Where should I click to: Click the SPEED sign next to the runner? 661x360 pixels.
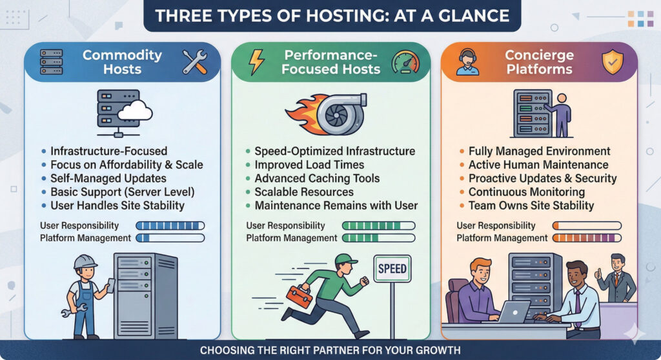point(392,268)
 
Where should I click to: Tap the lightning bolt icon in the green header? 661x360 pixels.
point(257,62)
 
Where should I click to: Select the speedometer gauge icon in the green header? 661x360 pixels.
point(405,62)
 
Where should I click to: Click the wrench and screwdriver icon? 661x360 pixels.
point(194,62)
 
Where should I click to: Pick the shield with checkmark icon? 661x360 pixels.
point(612,63)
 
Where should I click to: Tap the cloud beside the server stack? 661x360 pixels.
point(135,112)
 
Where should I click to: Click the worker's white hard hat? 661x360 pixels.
point(85,262)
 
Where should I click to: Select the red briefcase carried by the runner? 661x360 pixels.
point(299,297)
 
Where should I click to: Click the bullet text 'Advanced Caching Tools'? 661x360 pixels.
point(317,178)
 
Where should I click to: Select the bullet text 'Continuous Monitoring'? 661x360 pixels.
point(527,192)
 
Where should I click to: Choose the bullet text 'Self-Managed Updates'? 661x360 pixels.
point(108,178)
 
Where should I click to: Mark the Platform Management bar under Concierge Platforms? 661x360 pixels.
point(585,238)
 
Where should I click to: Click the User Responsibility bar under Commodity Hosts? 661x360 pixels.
point(170,226)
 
